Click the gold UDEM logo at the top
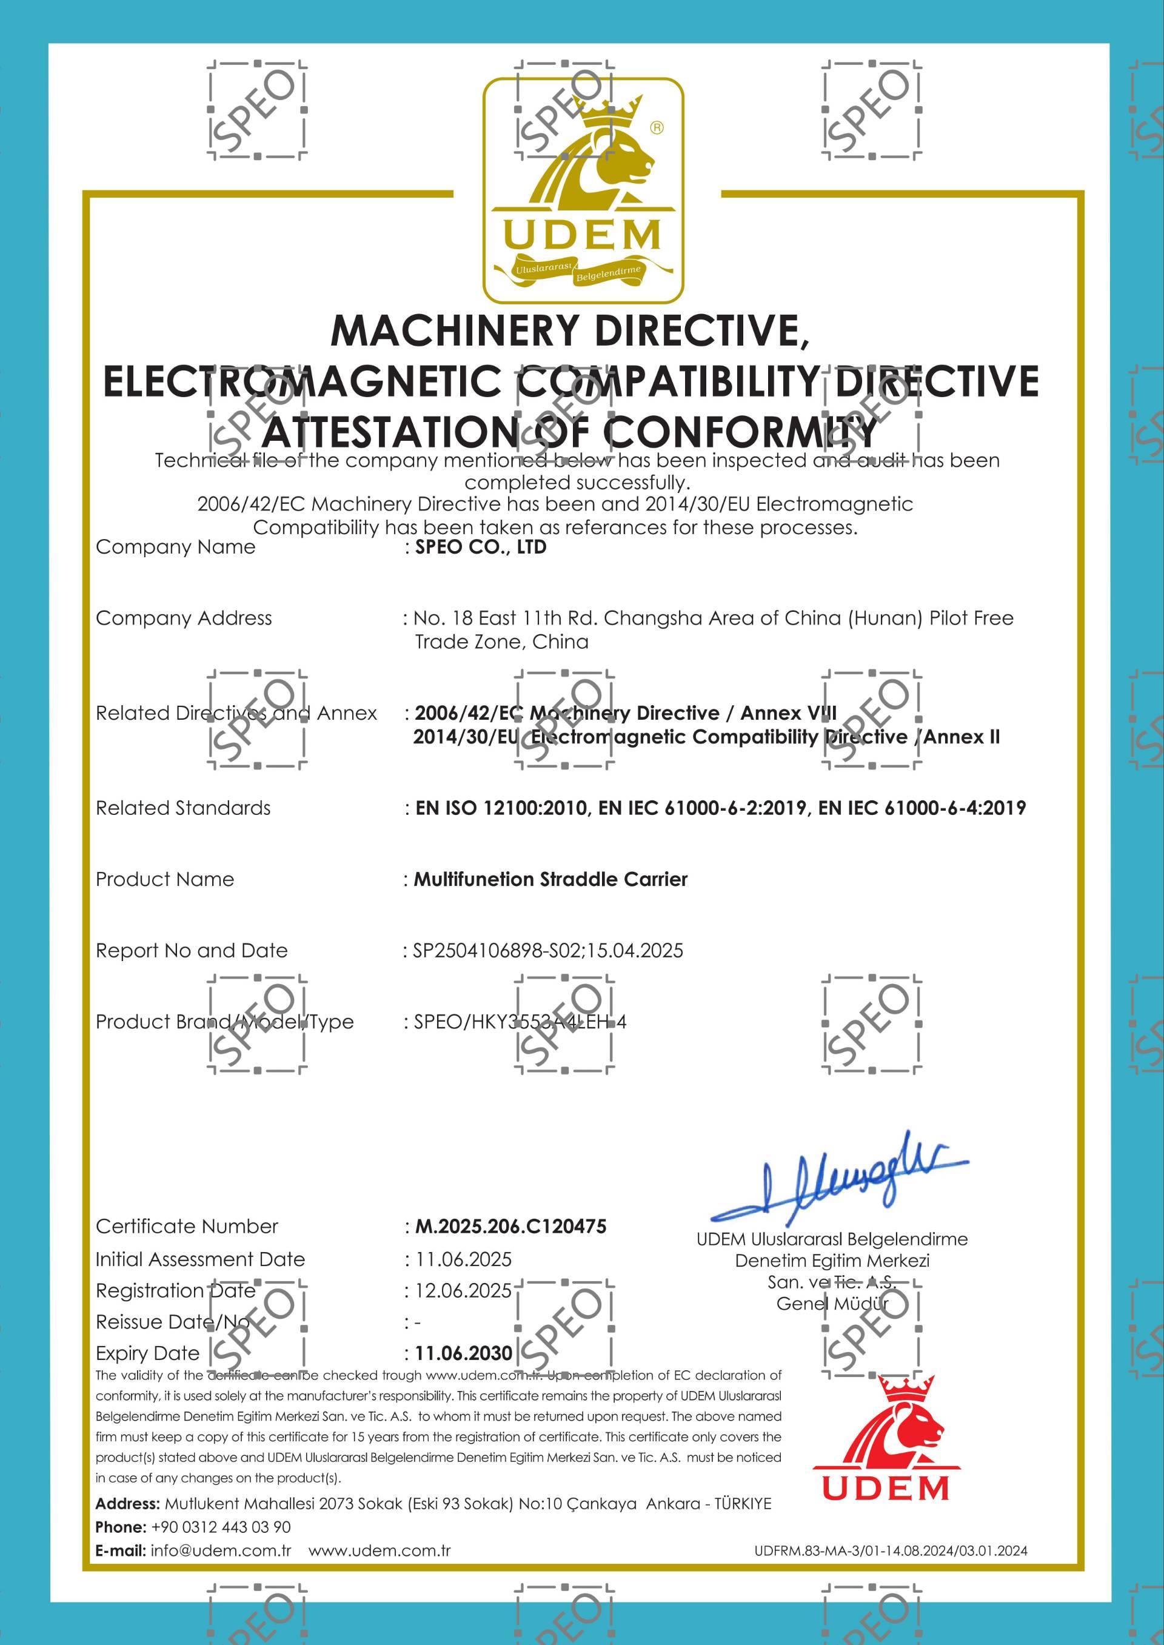[x=582, y=190]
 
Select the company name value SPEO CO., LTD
[x=480, y=547]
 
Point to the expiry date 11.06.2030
[x=464, y=1353]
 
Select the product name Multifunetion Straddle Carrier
[x=550, y=879]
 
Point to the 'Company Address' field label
[x=184, y=618]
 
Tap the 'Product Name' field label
[x=165, y=879]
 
